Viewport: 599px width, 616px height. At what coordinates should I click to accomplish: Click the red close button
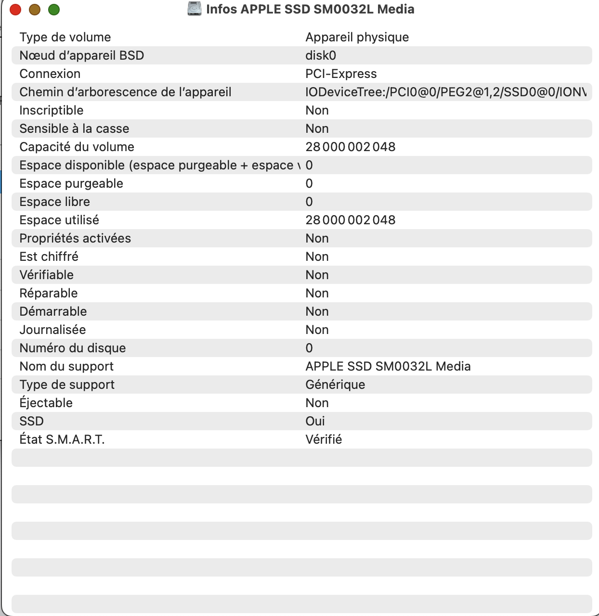pos(15,10)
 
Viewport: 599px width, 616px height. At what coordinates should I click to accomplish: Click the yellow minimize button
pos(35,10)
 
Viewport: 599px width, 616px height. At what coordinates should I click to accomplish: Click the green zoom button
pos(54,10)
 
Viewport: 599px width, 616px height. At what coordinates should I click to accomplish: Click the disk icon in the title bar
pos(195,9)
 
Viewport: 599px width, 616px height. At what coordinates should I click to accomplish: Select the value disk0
pos(321,55)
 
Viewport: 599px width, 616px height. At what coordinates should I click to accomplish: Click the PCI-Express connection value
pos(341,74)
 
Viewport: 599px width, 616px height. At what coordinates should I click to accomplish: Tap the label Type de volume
pos(65,37)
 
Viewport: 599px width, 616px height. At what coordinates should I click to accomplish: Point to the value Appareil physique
pos(357,37)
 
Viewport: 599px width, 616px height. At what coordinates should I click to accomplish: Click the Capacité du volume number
pos(350,147)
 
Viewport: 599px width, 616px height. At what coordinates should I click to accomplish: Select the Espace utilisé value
pos(350,220)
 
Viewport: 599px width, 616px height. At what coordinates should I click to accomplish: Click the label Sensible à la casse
pos(74,128)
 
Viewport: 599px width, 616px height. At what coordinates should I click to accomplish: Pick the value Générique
pos(335,385)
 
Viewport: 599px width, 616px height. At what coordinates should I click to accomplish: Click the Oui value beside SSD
pos(315,421)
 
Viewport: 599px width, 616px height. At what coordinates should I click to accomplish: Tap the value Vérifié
pos(324,439)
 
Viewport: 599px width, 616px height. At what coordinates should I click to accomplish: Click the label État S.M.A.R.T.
pos(62,439)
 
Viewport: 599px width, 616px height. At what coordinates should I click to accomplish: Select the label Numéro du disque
pos(72,348)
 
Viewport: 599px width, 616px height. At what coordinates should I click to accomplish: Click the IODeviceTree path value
pos(445,92)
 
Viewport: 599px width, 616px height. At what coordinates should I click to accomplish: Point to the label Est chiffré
pos(49,257)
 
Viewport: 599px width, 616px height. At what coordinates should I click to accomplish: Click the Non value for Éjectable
pos(317,403)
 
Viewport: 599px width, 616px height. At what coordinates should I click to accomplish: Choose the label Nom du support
pos(66,366)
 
